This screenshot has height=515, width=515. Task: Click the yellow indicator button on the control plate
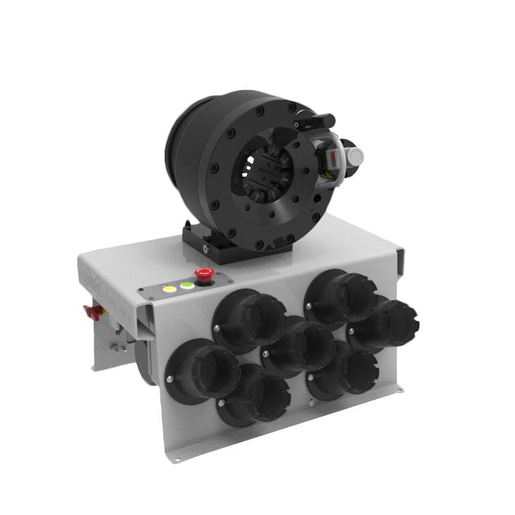[x=169, y=288]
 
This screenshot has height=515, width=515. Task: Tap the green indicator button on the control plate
[x=186, y=286]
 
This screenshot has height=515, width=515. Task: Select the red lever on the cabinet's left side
[x=92, y=312]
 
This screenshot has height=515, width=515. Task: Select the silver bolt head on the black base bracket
[x=205, y=250]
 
